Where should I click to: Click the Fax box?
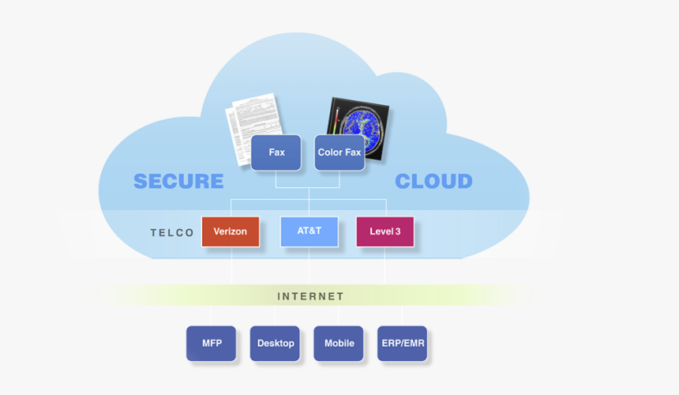point(276,152)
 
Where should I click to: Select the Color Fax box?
point(339,152)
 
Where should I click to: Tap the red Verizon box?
point(231,231)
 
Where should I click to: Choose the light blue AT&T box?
point(309,231)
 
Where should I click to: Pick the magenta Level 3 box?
point(385,231)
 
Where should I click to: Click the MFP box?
point(211,344)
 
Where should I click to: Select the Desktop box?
point(275,344)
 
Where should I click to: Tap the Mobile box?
point(339,344)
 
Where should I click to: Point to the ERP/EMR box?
point(402,344)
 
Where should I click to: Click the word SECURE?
point(178,181)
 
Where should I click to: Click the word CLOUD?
point(433,181)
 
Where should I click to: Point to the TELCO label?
point(172,233)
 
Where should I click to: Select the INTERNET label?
point(310,296)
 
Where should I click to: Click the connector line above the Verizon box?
point(231,208)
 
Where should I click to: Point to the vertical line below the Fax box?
point(276,179)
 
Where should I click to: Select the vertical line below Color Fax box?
point(339,179)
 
